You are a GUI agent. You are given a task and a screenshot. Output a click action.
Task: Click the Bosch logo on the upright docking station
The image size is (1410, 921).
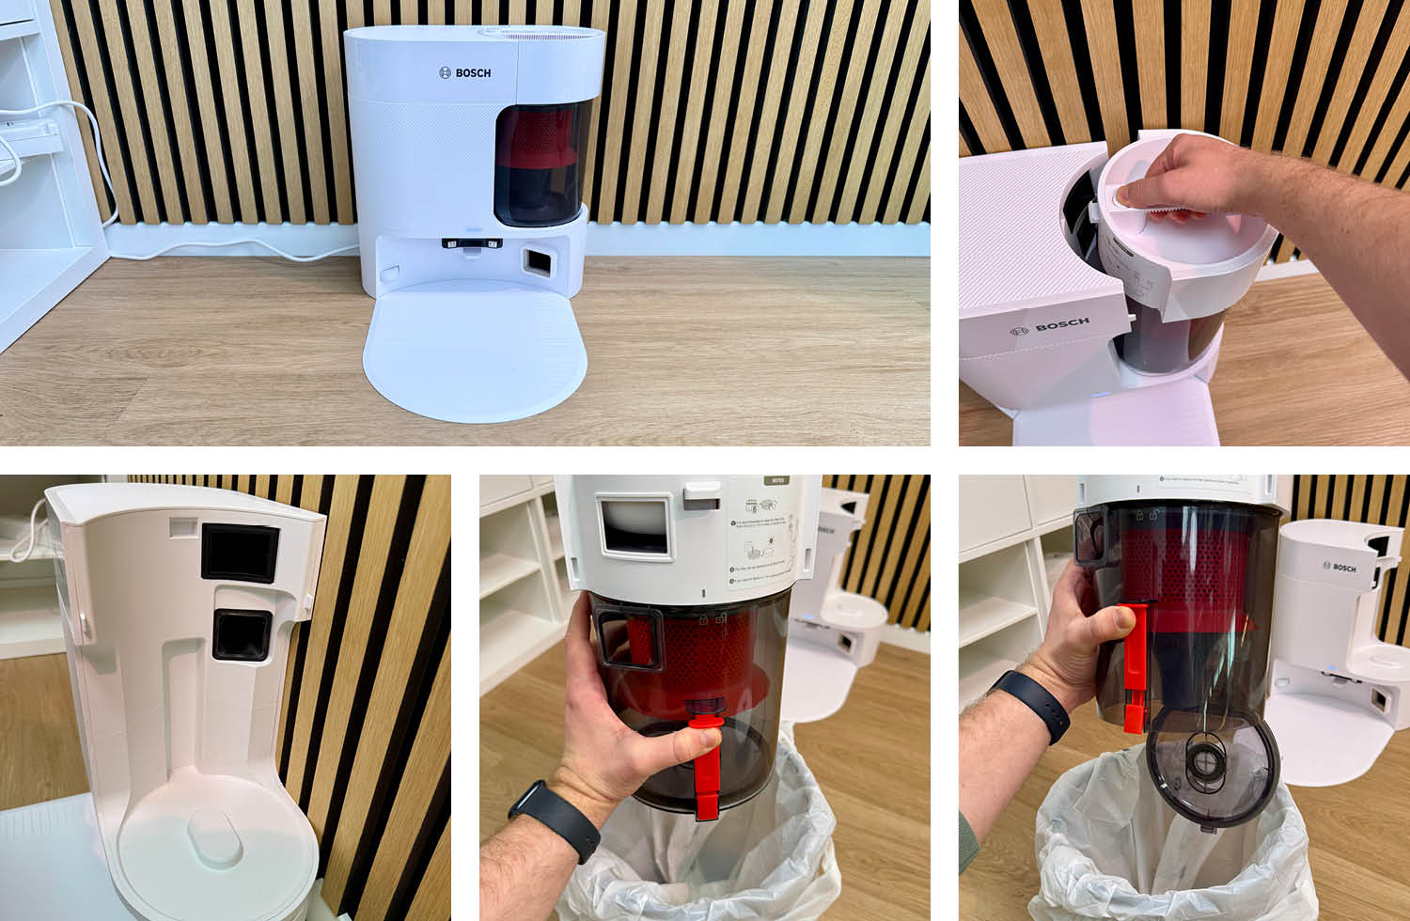tap(466, 72)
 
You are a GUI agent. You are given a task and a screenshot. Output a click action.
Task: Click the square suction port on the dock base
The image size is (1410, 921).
tap(537, 260)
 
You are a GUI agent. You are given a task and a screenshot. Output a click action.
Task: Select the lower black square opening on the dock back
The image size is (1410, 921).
tap(242, 634)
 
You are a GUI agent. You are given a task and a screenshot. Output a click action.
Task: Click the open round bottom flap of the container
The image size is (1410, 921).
tap(1213, 766)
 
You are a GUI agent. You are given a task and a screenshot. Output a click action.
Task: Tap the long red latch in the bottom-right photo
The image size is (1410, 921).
tap(1135, 667)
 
